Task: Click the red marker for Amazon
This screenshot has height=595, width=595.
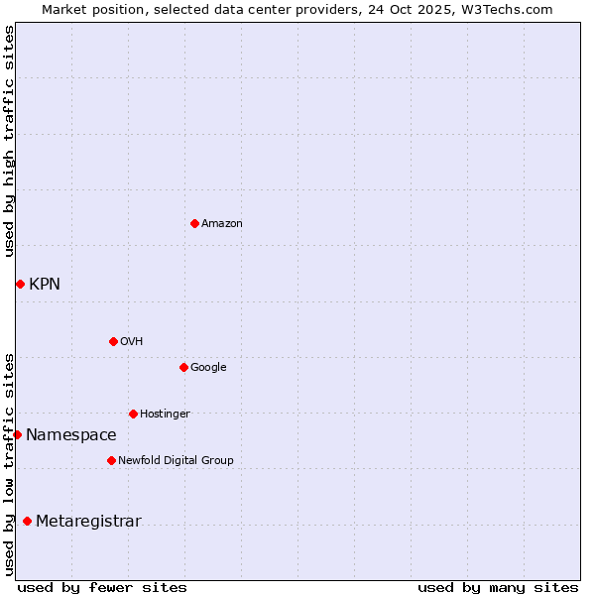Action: [x=194, y=223]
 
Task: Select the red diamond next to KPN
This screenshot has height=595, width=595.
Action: [x=20, y=284]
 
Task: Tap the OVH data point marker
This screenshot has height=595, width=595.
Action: [x=113, y=341]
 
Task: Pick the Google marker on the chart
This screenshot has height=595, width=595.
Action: [x=183, y=367]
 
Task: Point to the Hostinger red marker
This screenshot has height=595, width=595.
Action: [x=133, y=414]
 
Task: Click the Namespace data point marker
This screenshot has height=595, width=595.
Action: [x=17, y=434]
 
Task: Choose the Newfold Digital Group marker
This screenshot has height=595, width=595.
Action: [x=111, y=460]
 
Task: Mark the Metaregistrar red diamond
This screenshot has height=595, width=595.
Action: [x=27, y=521]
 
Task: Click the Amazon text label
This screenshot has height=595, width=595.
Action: [x=222, y=224]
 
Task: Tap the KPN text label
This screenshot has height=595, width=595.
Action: [x=45, y=285]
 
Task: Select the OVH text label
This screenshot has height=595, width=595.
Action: [x=132, y=342]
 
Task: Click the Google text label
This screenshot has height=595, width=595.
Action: [x=208, y=368]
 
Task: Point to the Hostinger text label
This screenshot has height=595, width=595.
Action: [x=165, y=415]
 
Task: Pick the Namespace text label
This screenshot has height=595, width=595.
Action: [x=71, y=435]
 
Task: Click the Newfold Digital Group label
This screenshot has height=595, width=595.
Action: [x=176, y=461]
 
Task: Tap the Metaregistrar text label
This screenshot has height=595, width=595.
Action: [x=88, y=522]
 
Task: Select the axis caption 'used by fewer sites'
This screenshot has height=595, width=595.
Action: [x=102, y=587]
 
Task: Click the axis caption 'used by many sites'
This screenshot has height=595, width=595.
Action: [x=498, y=587]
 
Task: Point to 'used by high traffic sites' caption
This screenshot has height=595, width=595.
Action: [x=9, y=141]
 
